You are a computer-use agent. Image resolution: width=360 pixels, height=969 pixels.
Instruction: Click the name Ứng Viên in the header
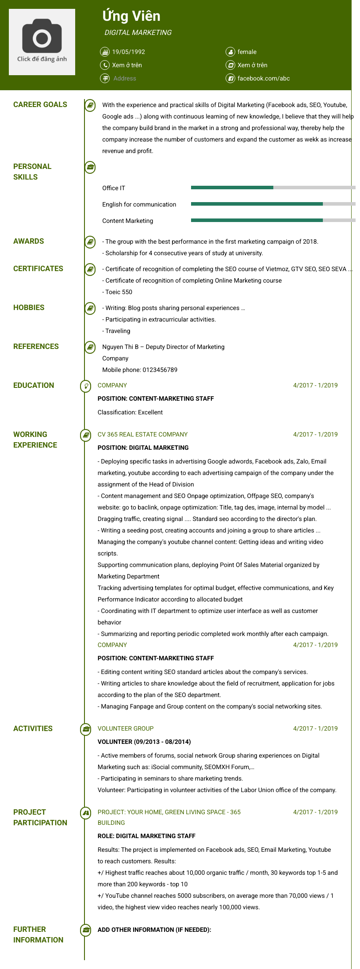(x=131, y=16)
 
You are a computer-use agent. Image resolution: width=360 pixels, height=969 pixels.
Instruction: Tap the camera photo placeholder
(x=42, y=42)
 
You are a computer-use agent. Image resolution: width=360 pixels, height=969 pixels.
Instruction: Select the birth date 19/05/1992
(x=128, y=52)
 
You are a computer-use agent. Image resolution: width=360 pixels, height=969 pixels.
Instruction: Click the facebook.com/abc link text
(x=264, y=78)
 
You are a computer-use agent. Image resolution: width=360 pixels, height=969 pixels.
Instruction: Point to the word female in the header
(x=247, y=52)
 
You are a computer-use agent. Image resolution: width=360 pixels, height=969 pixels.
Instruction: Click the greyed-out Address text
(x=125, y=78)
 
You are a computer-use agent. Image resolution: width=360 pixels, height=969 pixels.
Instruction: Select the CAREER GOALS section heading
(x=40, y=104)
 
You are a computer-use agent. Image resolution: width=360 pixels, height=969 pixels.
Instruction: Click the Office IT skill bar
(x=273, y=188)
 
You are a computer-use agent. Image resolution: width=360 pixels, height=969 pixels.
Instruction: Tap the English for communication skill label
(x=139, y=204)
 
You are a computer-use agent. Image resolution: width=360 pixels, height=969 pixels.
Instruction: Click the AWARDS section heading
(x=29, y=241)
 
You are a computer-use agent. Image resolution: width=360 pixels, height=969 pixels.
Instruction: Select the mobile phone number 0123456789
(x=160, y=370)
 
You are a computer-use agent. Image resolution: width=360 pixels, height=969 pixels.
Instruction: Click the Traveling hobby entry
(x=118, y=331)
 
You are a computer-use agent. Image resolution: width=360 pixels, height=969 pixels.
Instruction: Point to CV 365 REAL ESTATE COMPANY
(x=142, y=434)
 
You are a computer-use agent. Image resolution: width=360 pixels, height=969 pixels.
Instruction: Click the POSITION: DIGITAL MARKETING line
(x=143, y=448)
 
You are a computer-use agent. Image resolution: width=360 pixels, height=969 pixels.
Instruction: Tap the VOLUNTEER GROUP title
(x=126, y=728)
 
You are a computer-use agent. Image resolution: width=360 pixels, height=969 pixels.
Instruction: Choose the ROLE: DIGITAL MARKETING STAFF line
(x=146, y=836)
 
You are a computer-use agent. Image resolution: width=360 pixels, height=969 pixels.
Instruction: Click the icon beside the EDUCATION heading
(x=85, y=386)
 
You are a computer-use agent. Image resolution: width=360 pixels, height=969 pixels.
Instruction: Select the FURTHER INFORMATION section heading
(x=38, y=935)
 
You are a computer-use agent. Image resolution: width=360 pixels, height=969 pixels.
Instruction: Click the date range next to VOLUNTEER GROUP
(x=315, y=728)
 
